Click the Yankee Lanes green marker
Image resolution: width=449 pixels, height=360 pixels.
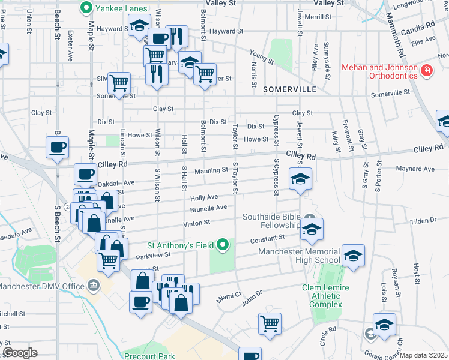tap(86, 8)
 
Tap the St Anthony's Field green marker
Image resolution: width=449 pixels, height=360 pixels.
tap(223, 244)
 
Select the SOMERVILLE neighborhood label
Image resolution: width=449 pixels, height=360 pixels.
tap(289, 89)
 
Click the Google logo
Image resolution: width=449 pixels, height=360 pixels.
tap(20, 353)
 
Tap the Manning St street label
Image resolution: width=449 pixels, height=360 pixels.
tap(211, 171)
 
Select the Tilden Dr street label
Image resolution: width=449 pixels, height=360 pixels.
tap(423, 220)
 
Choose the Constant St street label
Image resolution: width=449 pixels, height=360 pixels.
tap(267, 238)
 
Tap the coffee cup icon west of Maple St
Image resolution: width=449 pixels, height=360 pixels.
tap(58, 147)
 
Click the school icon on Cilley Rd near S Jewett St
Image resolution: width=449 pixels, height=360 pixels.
tap(300, 178)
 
